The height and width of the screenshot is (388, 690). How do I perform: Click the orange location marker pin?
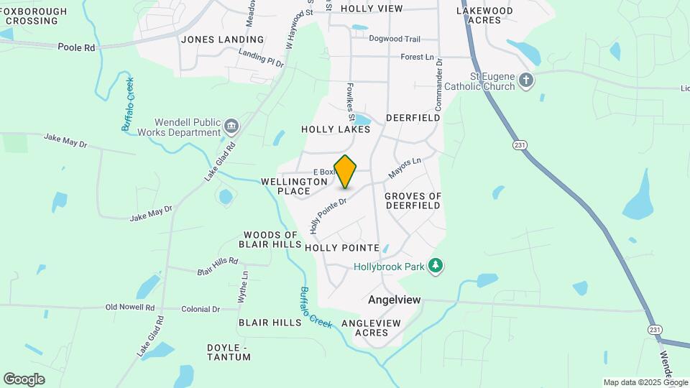click(x=345, y=172)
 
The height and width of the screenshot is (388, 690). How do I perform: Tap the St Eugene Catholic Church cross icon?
click(x=526, y=80)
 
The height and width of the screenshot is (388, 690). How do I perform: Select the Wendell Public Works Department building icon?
click(x=231, y=127)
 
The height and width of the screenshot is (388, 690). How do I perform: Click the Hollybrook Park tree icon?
click(x=434, y=267)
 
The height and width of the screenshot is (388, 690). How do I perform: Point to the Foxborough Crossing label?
click(x=33, y=16)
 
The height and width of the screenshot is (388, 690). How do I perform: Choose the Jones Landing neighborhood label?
click(x=222, y=40)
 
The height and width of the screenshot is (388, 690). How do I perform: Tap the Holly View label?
click(x=372, y=9)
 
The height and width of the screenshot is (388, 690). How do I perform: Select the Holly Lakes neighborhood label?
click(x=336, y=130)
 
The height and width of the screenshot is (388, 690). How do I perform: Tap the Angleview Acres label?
click(x=371, y=328)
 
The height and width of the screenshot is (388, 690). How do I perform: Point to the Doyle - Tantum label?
click(x=228, y=352)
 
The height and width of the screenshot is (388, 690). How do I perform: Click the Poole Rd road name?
click(x=77, y=47)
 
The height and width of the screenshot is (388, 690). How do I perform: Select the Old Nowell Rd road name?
click(x=130, y=308)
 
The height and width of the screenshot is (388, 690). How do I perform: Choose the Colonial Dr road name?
click(x=201, y=309)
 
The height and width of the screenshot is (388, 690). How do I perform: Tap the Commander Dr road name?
click(x=439, y=81)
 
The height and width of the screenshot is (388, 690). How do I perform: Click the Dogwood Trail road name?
click(x=395, y=40)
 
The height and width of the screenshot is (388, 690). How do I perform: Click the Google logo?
click(x=24, y=379)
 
